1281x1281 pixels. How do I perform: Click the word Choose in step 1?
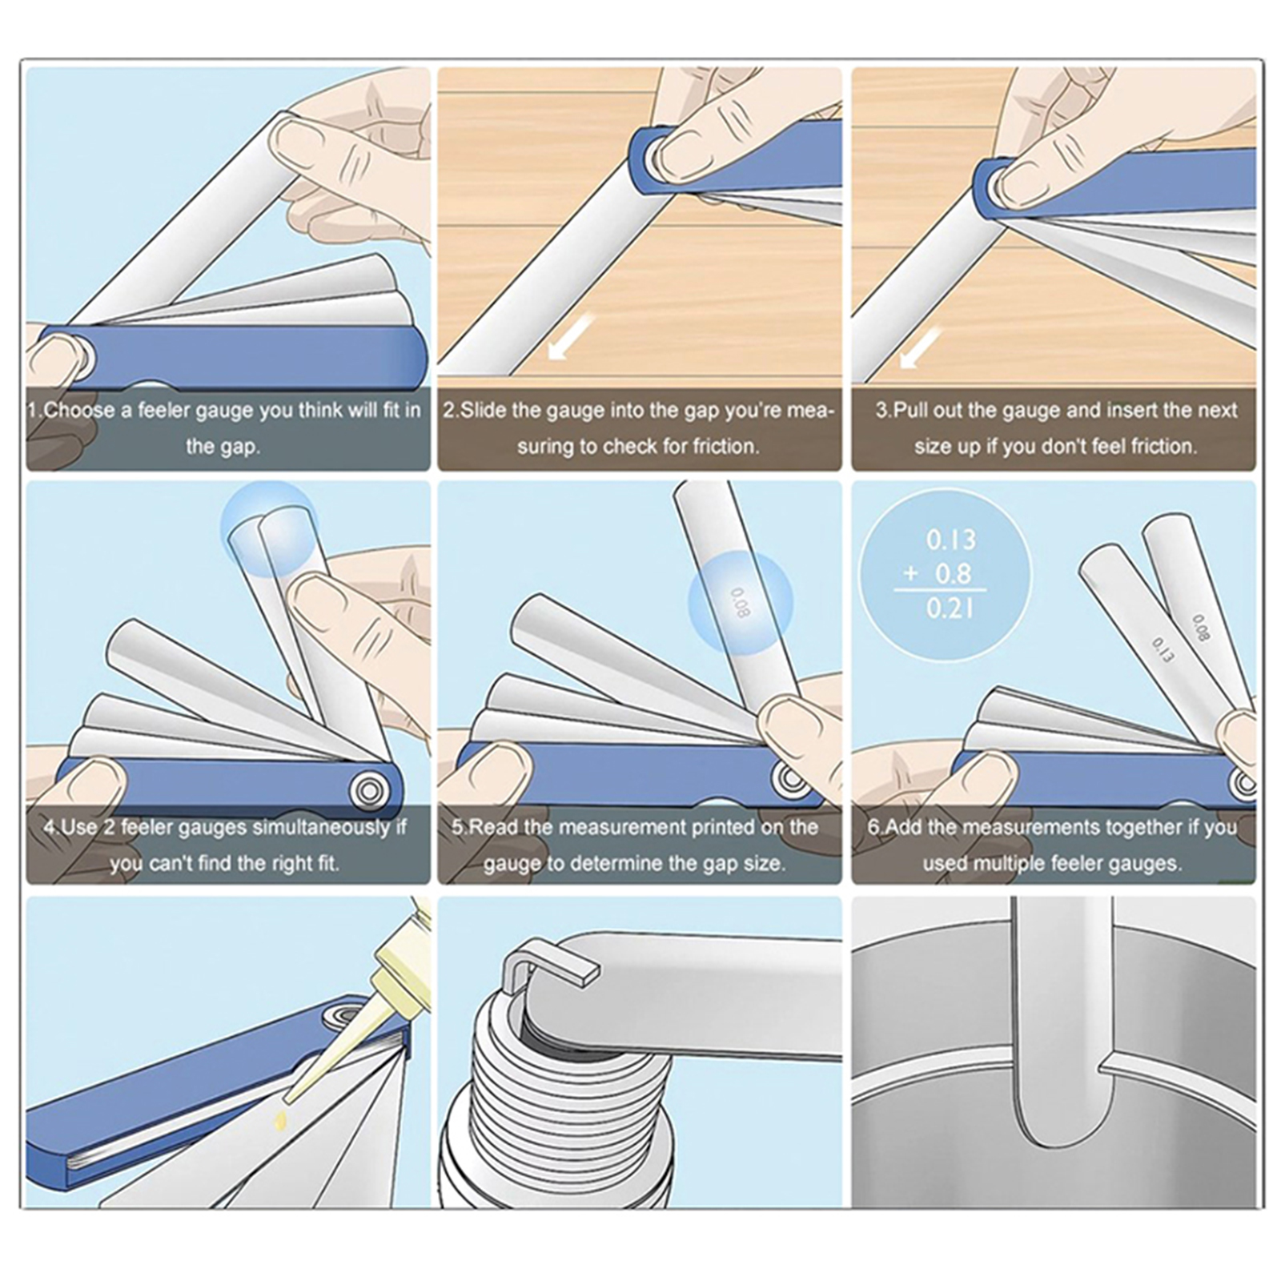pyautogui.click(x=79, y=411)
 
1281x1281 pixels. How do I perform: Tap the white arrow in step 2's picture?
pyautogui.click(x=571, y=336)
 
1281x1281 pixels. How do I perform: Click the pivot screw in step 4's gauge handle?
pyautogui.click(x=369, y=790)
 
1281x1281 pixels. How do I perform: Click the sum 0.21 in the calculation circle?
pyautogui.click(x=950, y=609)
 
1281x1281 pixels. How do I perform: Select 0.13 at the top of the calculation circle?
pyautogui.click(x=951, y=540)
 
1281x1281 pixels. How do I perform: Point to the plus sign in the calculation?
pyautogui.click(x=910, y=574)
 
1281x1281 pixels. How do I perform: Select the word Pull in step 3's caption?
pyautogui.click(x=911, y=411)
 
